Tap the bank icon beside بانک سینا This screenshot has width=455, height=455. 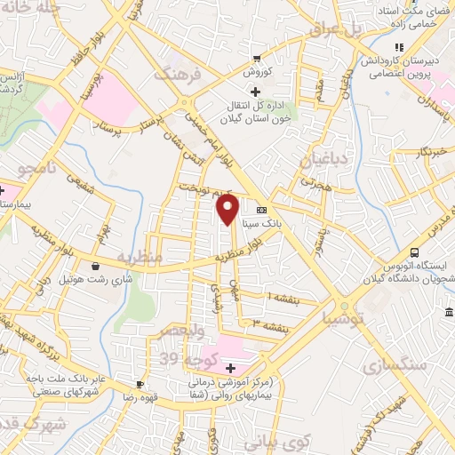pyautogui.click(x=260, y=211)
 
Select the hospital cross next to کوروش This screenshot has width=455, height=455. pyautogui.click(x=255, y=91)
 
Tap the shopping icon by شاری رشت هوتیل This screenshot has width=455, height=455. pyautogui.click(x=95, y=265)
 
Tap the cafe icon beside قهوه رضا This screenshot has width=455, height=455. pyautogui.click(x=140, y=384)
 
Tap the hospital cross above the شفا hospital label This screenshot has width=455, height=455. pyautogui.click(x=230, y=368)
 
